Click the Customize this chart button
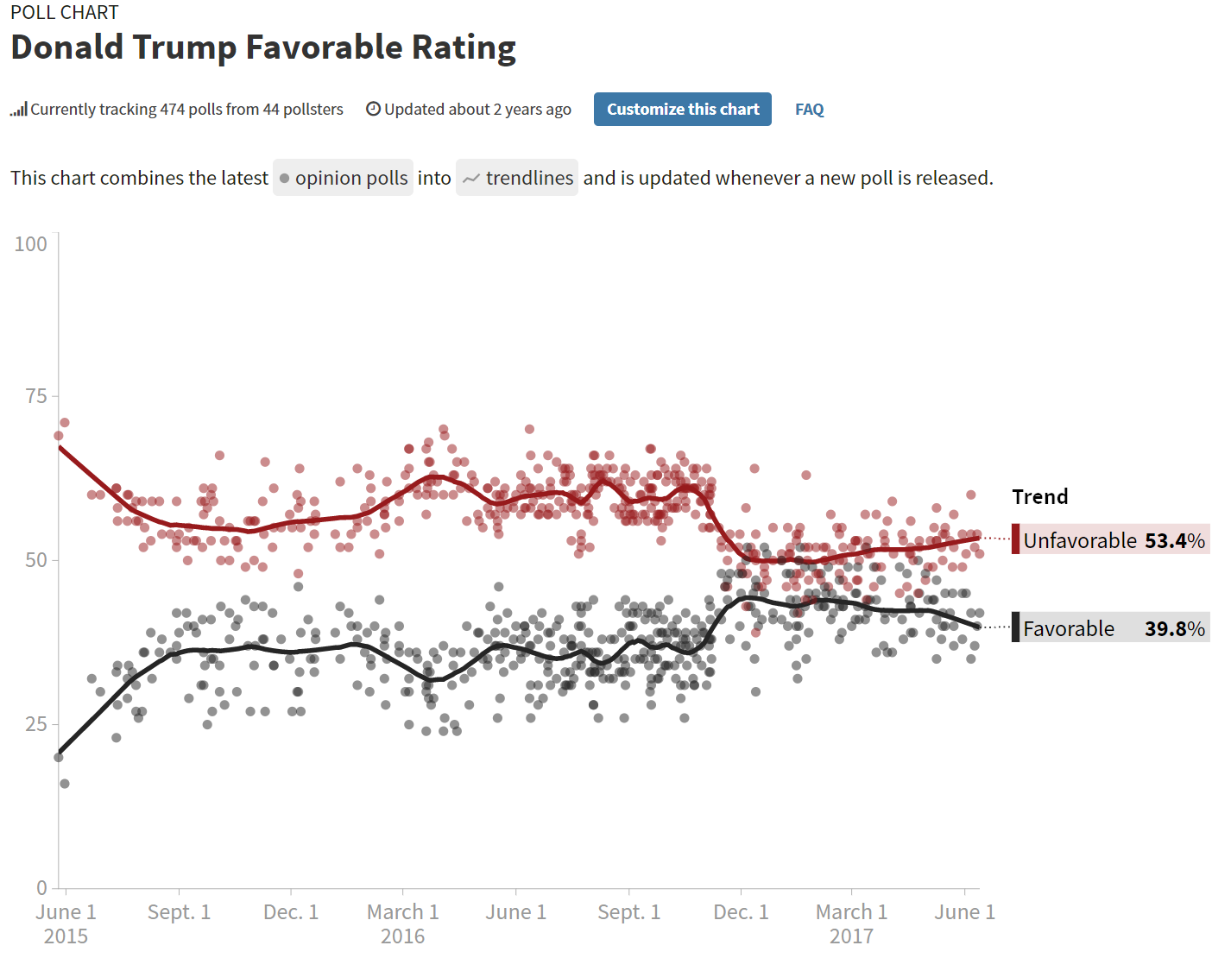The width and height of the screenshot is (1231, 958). pos(682,110)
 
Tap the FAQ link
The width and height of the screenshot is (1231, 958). pos(809,110)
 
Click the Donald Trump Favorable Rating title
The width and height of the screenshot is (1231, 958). pos(263,47)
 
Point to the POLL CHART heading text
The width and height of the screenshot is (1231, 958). pos(65,12)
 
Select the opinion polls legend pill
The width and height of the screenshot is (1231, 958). pos(343,178)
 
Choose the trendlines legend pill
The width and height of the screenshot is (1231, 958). pos(517,178)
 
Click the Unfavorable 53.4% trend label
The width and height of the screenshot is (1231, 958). pos(1113,540)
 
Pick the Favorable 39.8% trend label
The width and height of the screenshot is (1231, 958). pos(1113,628)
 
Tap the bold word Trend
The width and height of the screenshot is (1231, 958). pos(1040,497)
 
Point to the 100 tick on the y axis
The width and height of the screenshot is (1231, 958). pos(31,244)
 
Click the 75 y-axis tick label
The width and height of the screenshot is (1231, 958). pos(36,396)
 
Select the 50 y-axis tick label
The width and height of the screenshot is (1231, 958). pos(36,560)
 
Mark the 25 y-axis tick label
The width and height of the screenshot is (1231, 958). pos(36,724)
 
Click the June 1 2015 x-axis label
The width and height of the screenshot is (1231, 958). pos(66,923)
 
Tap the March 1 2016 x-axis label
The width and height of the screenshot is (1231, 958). pos(403,923)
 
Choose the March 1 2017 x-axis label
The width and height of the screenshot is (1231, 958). pos(851,923)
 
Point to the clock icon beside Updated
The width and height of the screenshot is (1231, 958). pos(374,109)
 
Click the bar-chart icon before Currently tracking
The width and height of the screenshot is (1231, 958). pos(18,110)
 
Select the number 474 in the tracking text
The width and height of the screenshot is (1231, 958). pos(173,110)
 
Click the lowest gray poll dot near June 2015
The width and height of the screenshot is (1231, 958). pos(65,784)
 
